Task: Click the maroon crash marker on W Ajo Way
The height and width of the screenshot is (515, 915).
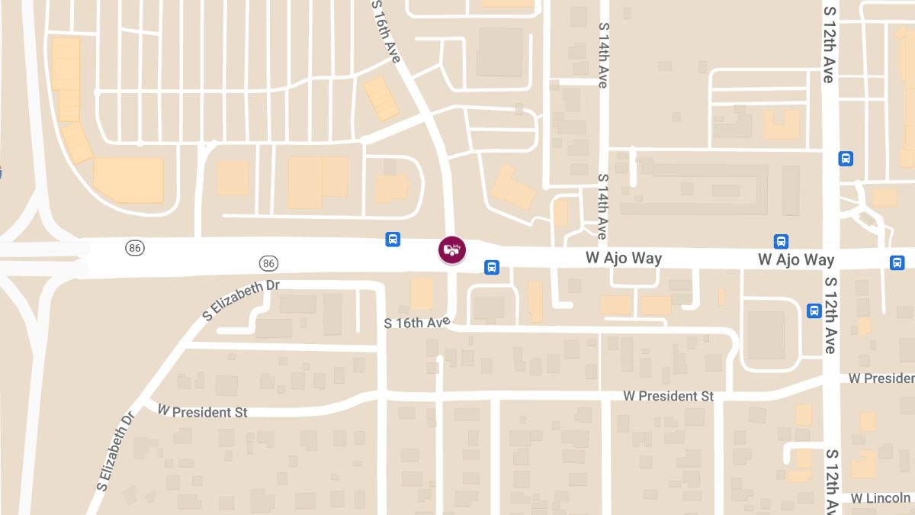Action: click(451, 249)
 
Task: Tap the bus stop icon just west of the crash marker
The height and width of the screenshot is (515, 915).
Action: click(393, 240)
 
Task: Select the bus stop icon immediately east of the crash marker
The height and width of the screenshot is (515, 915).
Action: click(492, 268)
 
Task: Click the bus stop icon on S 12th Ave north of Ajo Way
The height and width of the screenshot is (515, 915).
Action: click(846, 159)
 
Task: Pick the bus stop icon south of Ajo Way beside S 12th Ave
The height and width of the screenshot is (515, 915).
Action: click(814, 311)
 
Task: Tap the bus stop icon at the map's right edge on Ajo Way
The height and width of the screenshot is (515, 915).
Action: click(897, 262)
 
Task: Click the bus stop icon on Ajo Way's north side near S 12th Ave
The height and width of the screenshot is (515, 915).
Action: click(781, 241)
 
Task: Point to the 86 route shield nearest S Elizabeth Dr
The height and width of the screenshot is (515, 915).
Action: click(268, 263)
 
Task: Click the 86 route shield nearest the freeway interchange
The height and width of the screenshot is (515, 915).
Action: click(135, 248)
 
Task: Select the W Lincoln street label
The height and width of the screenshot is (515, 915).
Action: click(881, 498)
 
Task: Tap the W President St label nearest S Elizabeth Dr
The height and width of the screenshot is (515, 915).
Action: click(202, 412)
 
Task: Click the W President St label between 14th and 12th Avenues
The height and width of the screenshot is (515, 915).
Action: click(668, 396)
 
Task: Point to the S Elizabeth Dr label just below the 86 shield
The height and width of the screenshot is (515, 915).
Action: click(241, 300)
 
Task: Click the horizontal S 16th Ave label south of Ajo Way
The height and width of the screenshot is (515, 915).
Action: click(417, 323)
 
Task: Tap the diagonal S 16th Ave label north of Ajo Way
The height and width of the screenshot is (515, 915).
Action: click(386, 31)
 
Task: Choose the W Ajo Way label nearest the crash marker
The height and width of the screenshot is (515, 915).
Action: click(623, 258)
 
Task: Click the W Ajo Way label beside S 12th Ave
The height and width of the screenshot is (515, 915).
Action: click(796, 259)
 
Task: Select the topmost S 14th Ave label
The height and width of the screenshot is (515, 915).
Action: click(603, 55)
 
